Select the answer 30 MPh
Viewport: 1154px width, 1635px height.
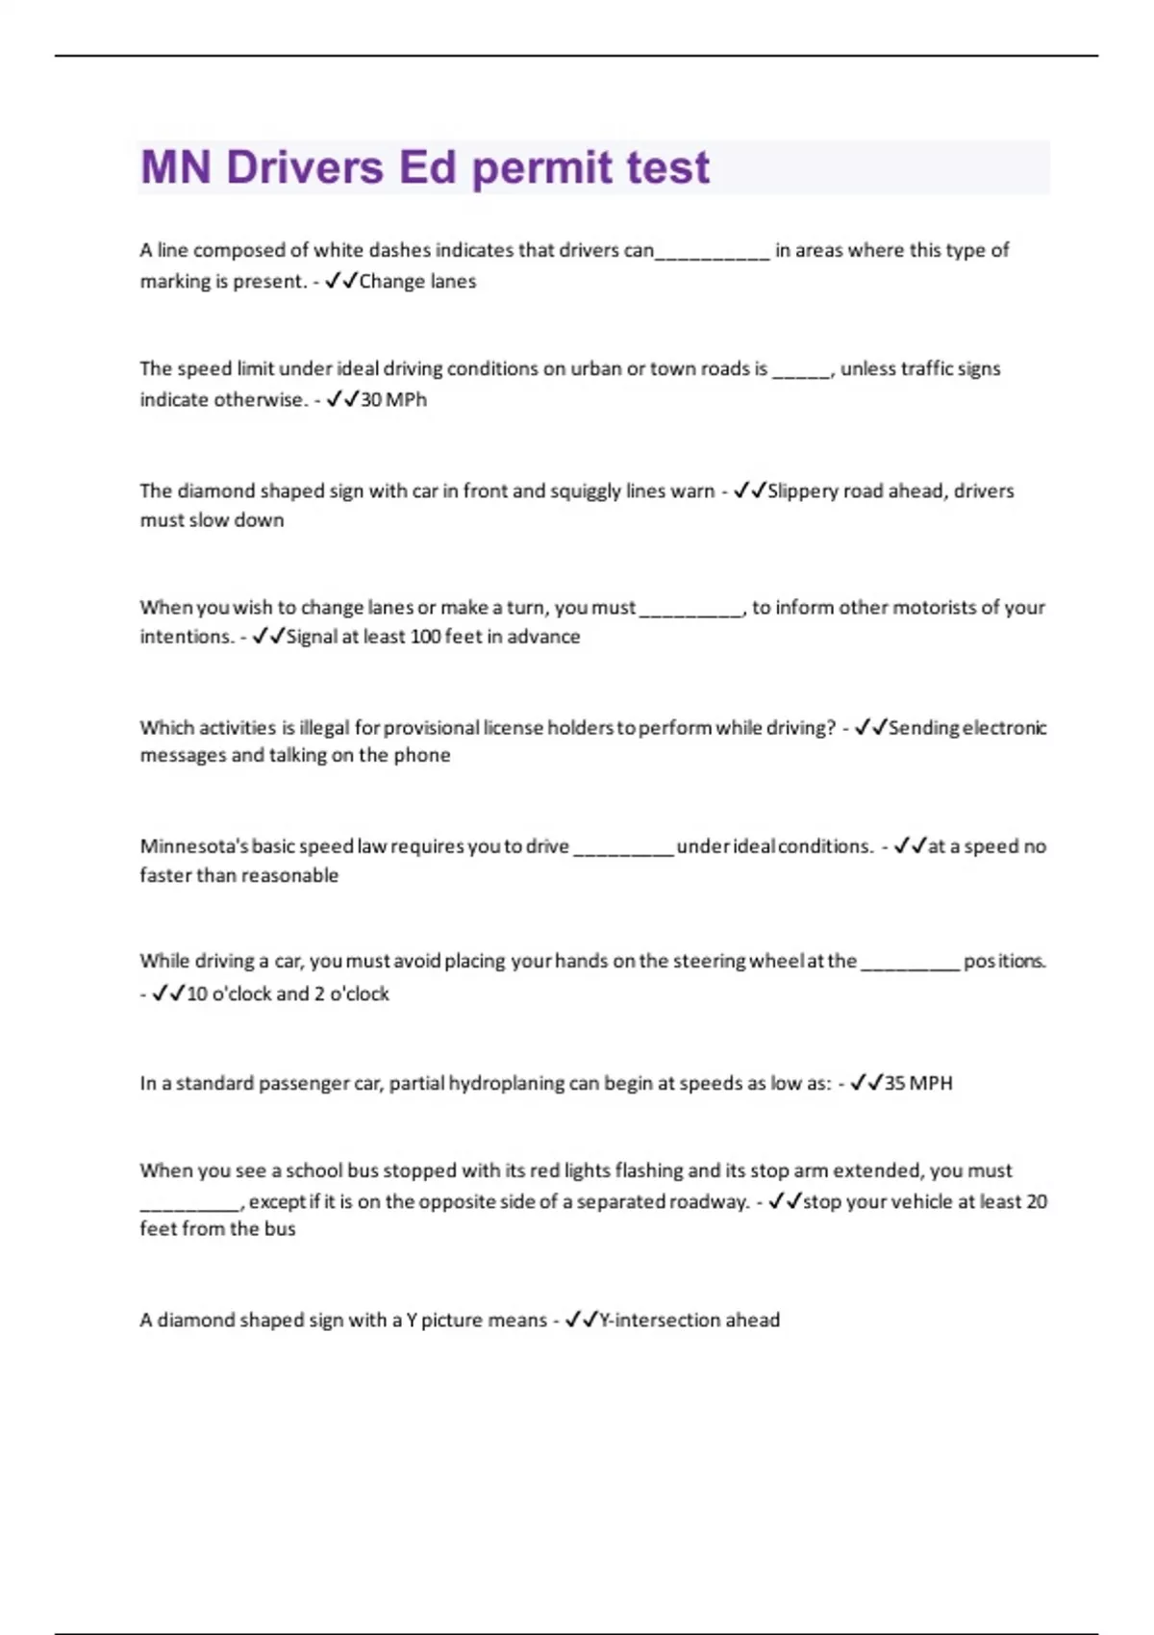[x=393, y=399]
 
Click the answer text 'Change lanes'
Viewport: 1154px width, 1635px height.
[x=417, y=282]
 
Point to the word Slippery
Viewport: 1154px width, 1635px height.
[x=803, y=490]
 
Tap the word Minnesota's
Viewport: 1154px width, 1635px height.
[x=193, y=846]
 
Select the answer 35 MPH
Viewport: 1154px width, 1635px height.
[x=918, y=1083]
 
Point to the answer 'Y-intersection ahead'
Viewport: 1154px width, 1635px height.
[x=689, y=1321]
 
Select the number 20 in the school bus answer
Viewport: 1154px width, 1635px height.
[x=1037, y=1201]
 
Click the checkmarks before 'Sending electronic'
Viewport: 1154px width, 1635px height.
[x=870, y=728]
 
